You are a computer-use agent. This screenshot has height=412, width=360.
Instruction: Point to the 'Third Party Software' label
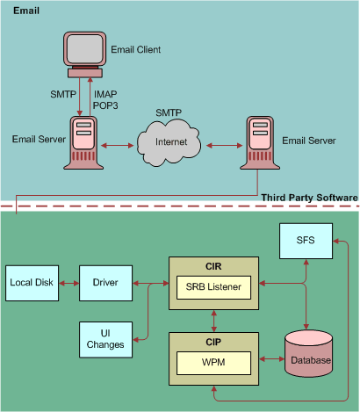click(x=309, y=198)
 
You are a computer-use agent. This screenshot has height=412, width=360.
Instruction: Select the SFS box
click(x=304, y=242)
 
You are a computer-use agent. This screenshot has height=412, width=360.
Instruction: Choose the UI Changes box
click(x=104, y=339)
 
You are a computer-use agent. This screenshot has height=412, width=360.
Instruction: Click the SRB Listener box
click(x=213, y=287)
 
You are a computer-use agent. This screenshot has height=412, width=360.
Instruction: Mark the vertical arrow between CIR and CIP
click(x=213, y=317)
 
